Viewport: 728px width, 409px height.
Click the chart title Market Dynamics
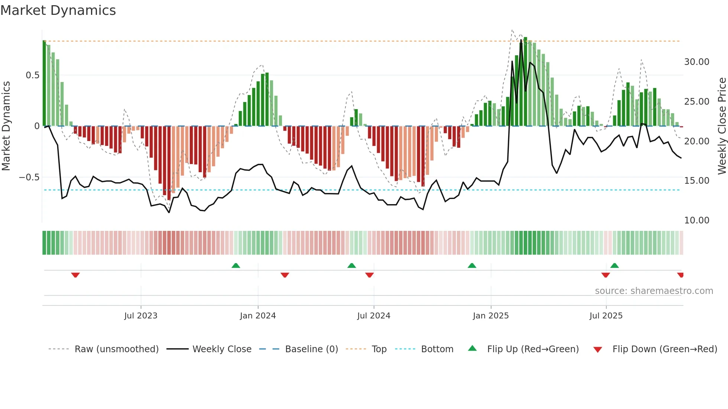click(58, 10)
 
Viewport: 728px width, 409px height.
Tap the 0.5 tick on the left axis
click(32, 75)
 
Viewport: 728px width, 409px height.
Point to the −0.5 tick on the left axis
click(29, 177)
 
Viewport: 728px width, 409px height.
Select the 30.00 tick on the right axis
click(696, 62)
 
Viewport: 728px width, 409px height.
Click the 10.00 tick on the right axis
click(696, 220)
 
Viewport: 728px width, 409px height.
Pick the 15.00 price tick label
click(696, 181)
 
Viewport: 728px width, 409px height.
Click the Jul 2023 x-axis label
click(141, 316)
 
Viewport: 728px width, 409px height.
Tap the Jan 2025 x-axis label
click(491, 316)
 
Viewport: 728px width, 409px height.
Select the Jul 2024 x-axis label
click(374, 316)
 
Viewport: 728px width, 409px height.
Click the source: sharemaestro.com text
click(654, 291)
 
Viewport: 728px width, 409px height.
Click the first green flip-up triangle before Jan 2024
click(236, 265)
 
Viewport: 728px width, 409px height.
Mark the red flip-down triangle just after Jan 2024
click(285, 275)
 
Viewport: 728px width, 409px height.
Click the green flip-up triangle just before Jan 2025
click(472, 265)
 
